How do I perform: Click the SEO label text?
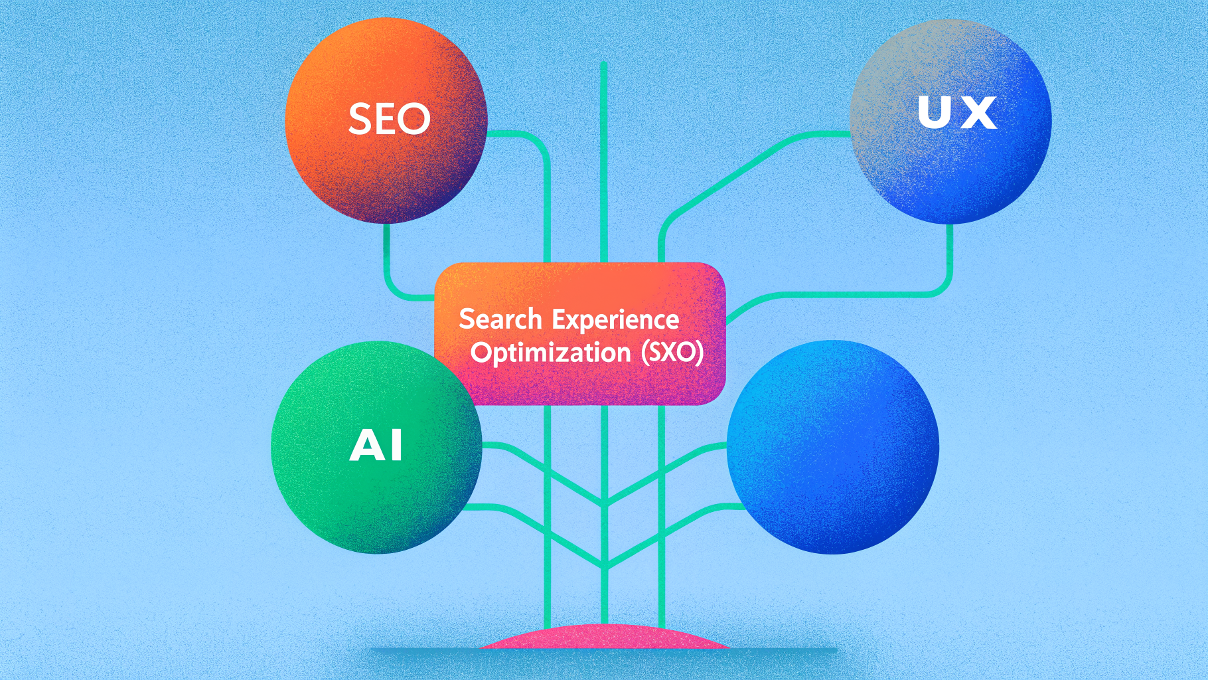click(390, 120)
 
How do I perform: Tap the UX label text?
click(956, 112)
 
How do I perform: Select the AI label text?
click(376, 445)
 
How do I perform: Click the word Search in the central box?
click(500, 319)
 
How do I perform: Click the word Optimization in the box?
click(550, 353)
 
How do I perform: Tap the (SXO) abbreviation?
click(672, 352)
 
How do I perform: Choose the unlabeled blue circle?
click(833, 447)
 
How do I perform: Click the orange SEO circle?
click(386, 120)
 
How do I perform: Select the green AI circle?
click(376, 447)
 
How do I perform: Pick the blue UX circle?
click(950, 122)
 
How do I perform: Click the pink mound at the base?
click(604, 637)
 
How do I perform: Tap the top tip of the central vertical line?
click(603, 63)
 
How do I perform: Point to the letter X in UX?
click(979, 113)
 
